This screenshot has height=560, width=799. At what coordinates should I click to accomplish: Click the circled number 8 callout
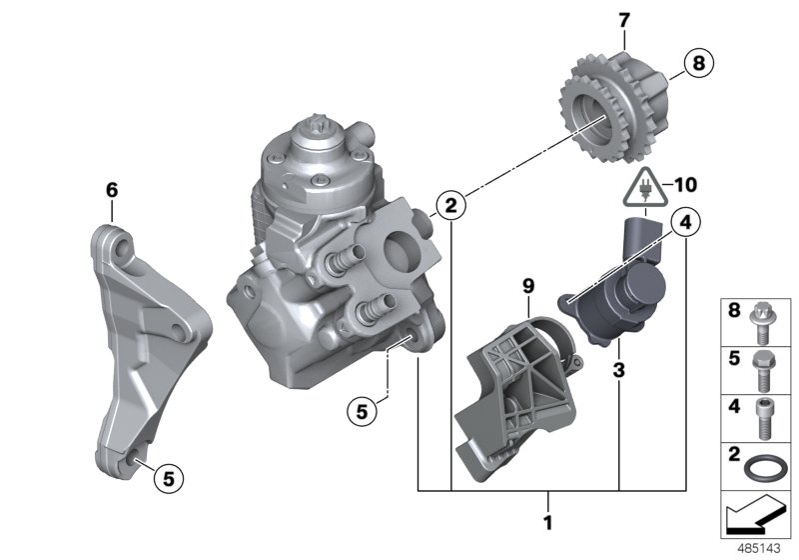tap(698, 63)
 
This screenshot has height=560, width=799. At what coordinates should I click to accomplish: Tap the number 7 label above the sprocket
tap(624, 21)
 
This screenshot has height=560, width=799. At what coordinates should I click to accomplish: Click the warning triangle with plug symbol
tap(645, 187)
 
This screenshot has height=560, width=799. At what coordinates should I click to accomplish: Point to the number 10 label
tap(685, 185)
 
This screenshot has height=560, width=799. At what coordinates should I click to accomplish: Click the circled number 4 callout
tap(685, 223)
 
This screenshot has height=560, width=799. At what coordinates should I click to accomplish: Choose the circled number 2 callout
tap(451, 206)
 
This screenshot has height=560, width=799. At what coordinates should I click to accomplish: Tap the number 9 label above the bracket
tap(528, 287)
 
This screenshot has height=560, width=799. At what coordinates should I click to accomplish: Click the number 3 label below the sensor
tap(618, 370)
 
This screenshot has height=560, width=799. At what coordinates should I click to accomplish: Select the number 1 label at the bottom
tap(548, 523)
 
